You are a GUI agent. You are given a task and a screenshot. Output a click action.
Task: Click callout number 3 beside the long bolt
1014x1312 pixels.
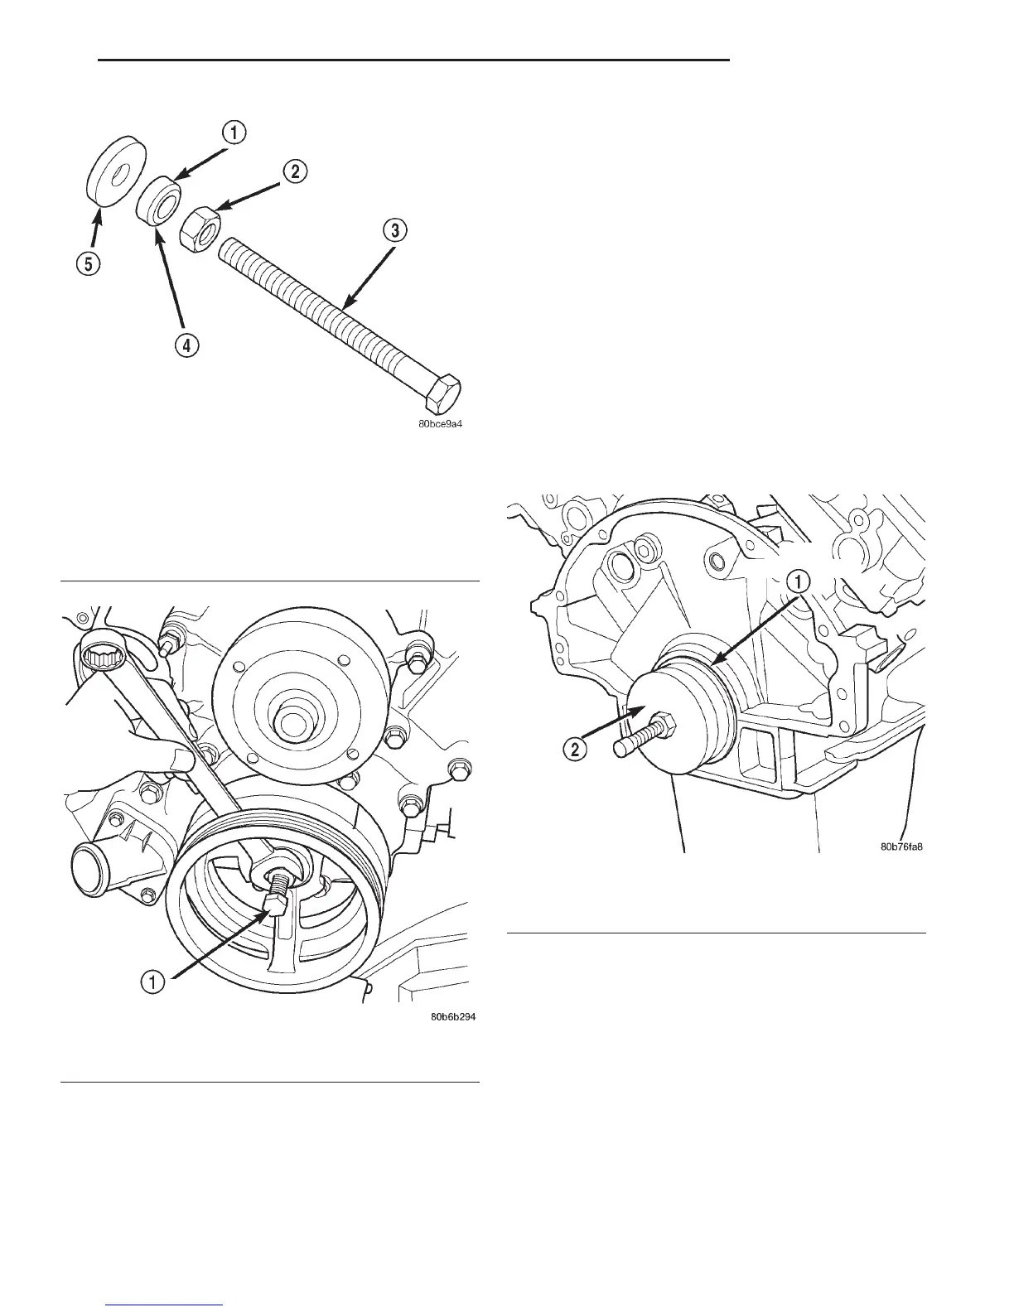click(x=395, y=231)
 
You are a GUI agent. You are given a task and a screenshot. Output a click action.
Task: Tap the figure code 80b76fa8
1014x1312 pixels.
click(x=901, y=847)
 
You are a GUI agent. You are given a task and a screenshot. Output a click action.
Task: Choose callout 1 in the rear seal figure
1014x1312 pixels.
click(x=797, y=581)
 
